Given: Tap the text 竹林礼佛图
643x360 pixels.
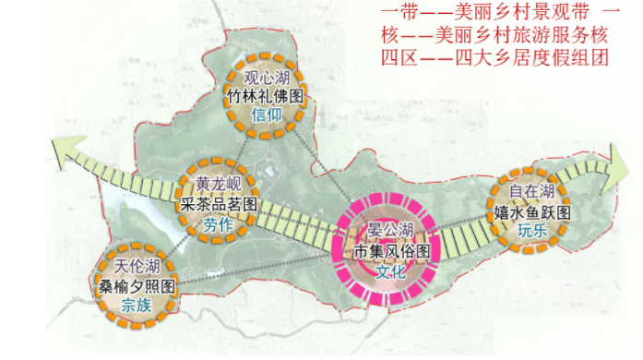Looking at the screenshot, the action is click(265, 95).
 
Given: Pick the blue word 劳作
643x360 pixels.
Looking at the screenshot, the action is click(220, 223).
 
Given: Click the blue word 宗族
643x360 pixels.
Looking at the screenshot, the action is click(137, 305).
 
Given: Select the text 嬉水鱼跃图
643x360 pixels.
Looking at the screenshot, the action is click(532, 211).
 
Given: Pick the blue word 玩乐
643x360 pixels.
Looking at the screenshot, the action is click(532, 231).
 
